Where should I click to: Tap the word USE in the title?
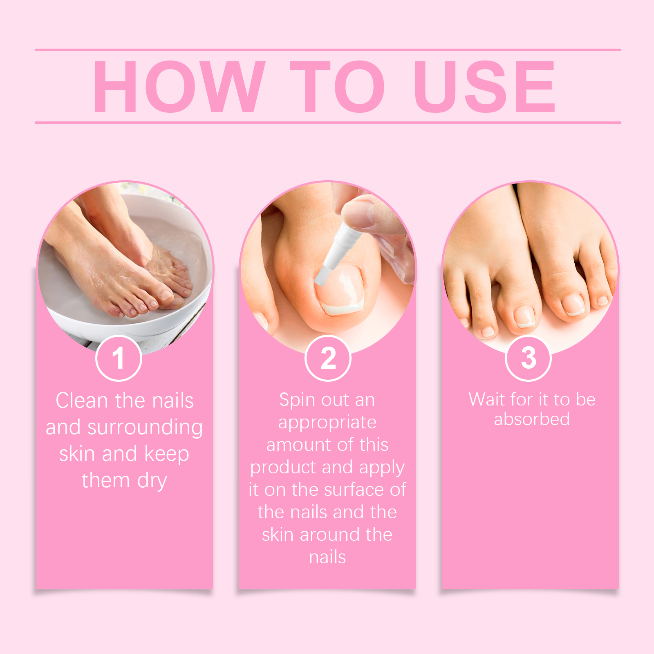pyautogui.click(x=485, y=86)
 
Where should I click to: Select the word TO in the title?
pyautogui.click(x=338, y=86)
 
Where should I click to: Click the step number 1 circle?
pyautogui.click(x=119, y=358)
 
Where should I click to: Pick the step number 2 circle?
pyautogui.click(x=328, y=358)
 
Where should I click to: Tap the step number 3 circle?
pyautogui.click(x=529, y=358)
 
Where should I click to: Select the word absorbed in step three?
pyautogui.click(x=532, y=419)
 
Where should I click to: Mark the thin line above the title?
pyautogui.click(x=328, y=50)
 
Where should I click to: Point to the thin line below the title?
pyautogui.click(x=328, y=122)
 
